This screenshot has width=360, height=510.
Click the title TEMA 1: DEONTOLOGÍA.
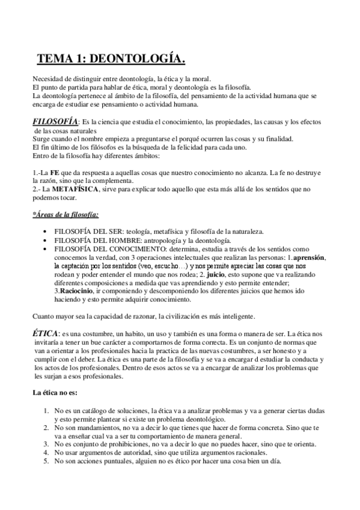pos(111,58)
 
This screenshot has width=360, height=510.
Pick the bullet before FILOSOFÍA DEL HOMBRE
pos(47,240)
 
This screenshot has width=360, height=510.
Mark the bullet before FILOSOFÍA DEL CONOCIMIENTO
pos(47,248)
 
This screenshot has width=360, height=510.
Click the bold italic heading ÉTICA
pos(45,333)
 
